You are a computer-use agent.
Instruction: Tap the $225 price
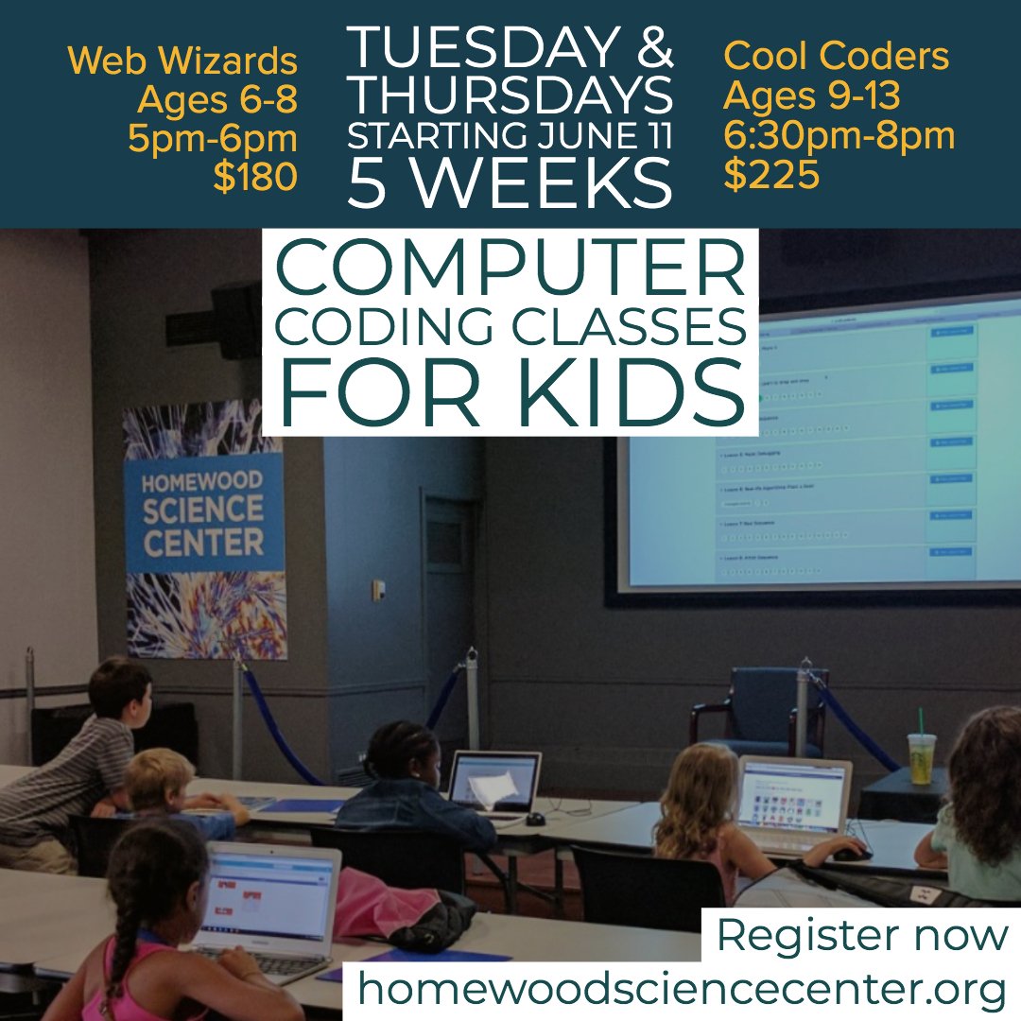(771, 176)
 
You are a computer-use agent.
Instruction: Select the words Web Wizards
(183, 62)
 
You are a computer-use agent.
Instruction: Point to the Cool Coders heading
(836, 57)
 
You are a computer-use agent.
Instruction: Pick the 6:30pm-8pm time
(839, 136)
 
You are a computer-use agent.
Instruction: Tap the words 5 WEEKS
(510, 183)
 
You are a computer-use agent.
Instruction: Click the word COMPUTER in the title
(510, 271)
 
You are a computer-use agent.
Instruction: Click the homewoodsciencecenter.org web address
(681, 989)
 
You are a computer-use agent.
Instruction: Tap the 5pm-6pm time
(213, 139)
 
